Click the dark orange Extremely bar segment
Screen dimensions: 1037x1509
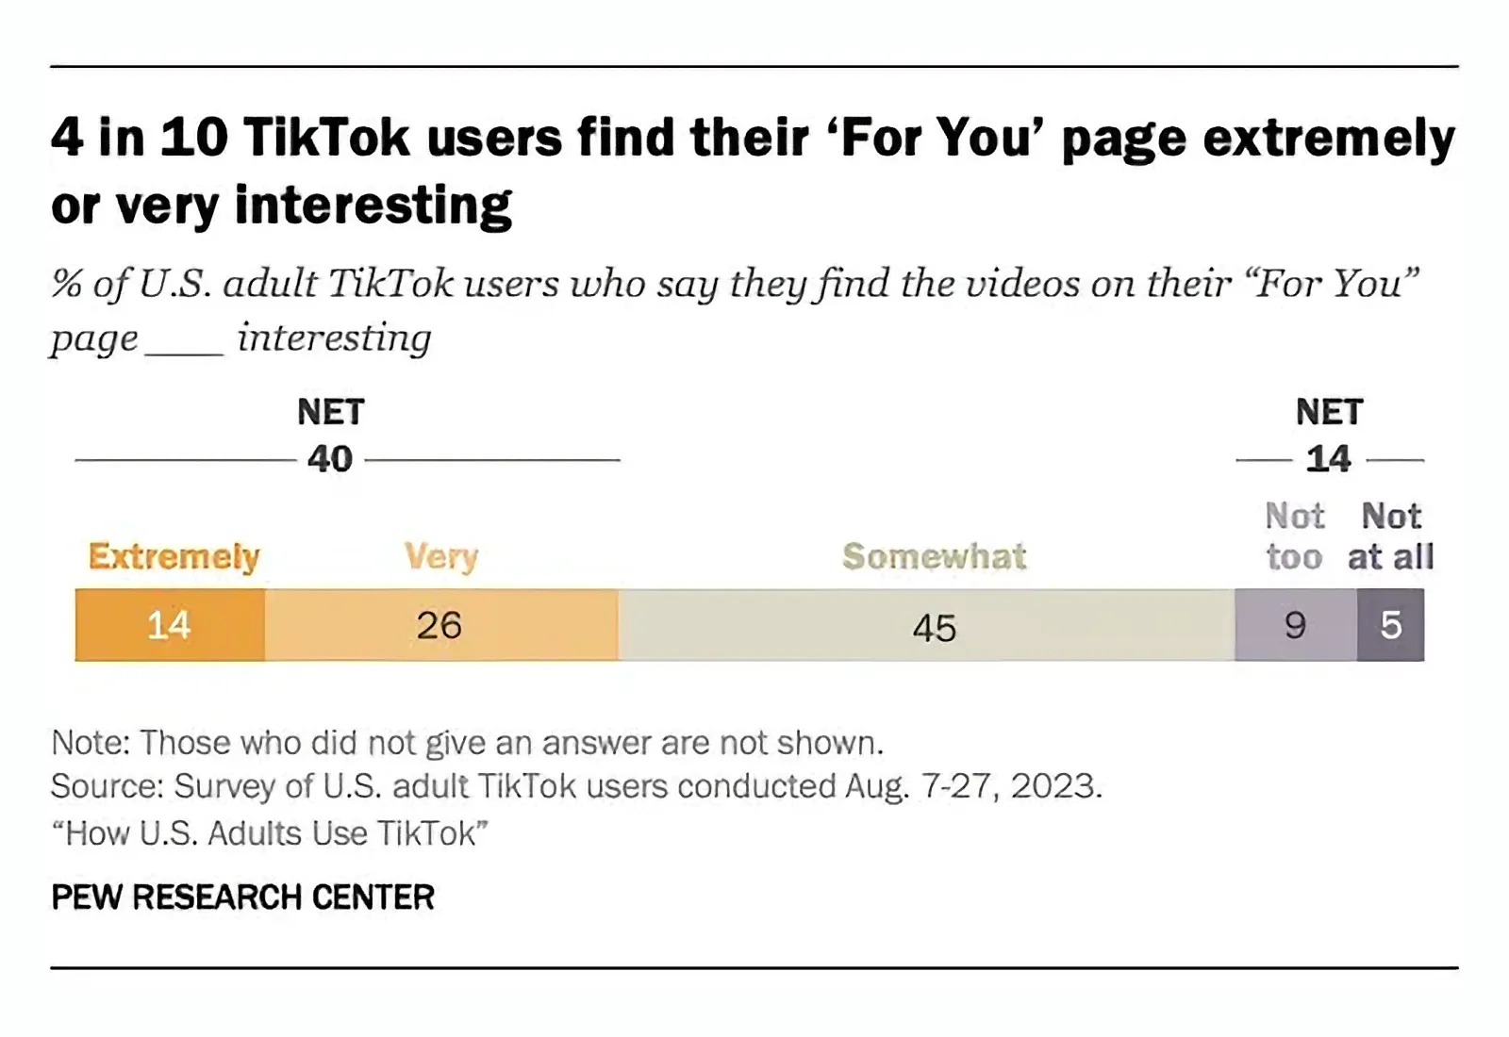pos(170,625)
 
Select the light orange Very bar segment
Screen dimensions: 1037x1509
pos(440,625)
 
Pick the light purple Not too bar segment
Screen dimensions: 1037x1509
pos(1296,625)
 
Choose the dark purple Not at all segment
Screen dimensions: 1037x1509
pos(1391,625)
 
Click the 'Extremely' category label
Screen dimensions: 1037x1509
pos(174,556)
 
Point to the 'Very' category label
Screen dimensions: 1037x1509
pos(441,556)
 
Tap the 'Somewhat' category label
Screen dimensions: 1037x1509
pos(934,556)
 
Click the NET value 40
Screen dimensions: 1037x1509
pos(330,459)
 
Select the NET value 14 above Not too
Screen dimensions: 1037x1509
pos(1328,459)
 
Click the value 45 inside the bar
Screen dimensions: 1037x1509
pos(935,628)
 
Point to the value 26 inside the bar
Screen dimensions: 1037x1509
pos(439,625)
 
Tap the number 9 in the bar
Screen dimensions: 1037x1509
pos(1296,625)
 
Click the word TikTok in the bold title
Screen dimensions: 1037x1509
pos(326,138)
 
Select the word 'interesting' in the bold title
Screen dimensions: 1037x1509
pos(373,205)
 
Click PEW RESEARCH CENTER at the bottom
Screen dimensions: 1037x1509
pos(242,897)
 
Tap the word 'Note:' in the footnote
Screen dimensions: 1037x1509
pos(91,743)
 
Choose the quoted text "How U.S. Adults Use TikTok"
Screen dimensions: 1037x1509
pos(270,833)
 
